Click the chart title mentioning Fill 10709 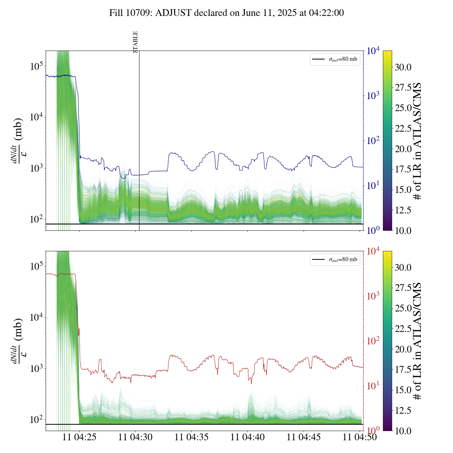226,13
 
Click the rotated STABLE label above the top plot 135,42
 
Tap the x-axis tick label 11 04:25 79,437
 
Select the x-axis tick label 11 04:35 191,437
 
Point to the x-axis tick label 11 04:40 247,437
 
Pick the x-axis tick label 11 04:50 360,437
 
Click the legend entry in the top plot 335,59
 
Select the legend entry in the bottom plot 335,259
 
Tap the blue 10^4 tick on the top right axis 373,51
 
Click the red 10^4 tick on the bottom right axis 373,251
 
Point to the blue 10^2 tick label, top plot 373,141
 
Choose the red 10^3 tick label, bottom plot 373,296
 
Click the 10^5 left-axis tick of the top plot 36,66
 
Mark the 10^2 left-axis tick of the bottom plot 36,420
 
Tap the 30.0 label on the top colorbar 403,67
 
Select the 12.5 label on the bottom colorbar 403,411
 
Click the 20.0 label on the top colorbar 403,149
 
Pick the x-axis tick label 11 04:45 304,437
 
